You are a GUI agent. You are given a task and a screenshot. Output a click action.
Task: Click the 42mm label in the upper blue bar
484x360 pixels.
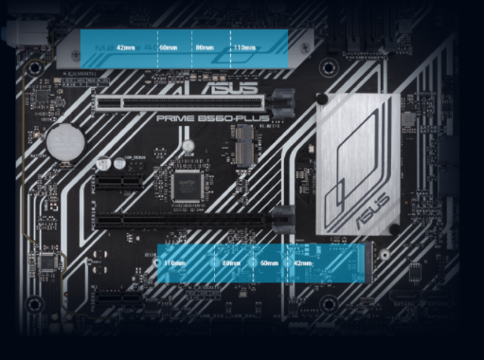[x=124, y=46]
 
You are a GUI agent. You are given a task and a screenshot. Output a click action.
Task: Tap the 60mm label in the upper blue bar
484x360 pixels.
[x=168, y=46]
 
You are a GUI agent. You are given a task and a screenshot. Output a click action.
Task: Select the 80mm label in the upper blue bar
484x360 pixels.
[x=204, y=46]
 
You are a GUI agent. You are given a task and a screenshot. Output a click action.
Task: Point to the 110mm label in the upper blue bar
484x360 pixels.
[x=243, y=46]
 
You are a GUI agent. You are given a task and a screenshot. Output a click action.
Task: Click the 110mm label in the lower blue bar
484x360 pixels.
[x=174, y=262]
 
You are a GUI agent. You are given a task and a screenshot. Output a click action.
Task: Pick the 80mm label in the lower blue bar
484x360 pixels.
[x=231, y=262]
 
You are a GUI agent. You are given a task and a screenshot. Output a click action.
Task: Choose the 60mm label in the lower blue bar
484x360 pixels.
[x=268, y=262]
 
